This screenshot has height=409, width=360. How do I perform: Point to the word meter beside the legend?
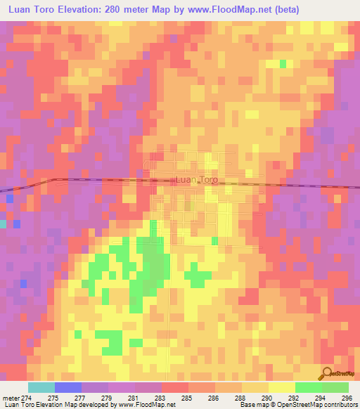pos(11,397)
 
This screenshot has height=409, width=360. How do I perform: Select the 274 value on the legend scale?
pos(26,397)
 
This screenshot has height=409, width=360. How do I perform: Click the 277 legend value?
pos(79,397)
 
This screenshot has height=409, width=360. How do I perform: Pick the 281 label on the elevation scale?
pos(133,397)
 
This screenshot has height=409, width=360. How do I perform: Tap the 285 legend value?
pos(186,397)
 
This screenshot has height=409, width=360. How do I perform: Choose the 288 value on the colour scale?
pos(240,397)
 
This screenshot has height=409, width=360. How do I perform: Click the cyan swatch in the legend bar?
pos(41,387)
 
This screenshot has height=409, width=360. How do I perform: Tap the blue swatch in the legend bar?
pos(68,387)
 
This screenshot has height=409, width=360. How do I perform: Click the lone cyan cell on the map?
pos(3,223)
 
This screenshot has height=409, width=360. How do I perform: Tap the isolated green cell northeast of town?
pos(283,64)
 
